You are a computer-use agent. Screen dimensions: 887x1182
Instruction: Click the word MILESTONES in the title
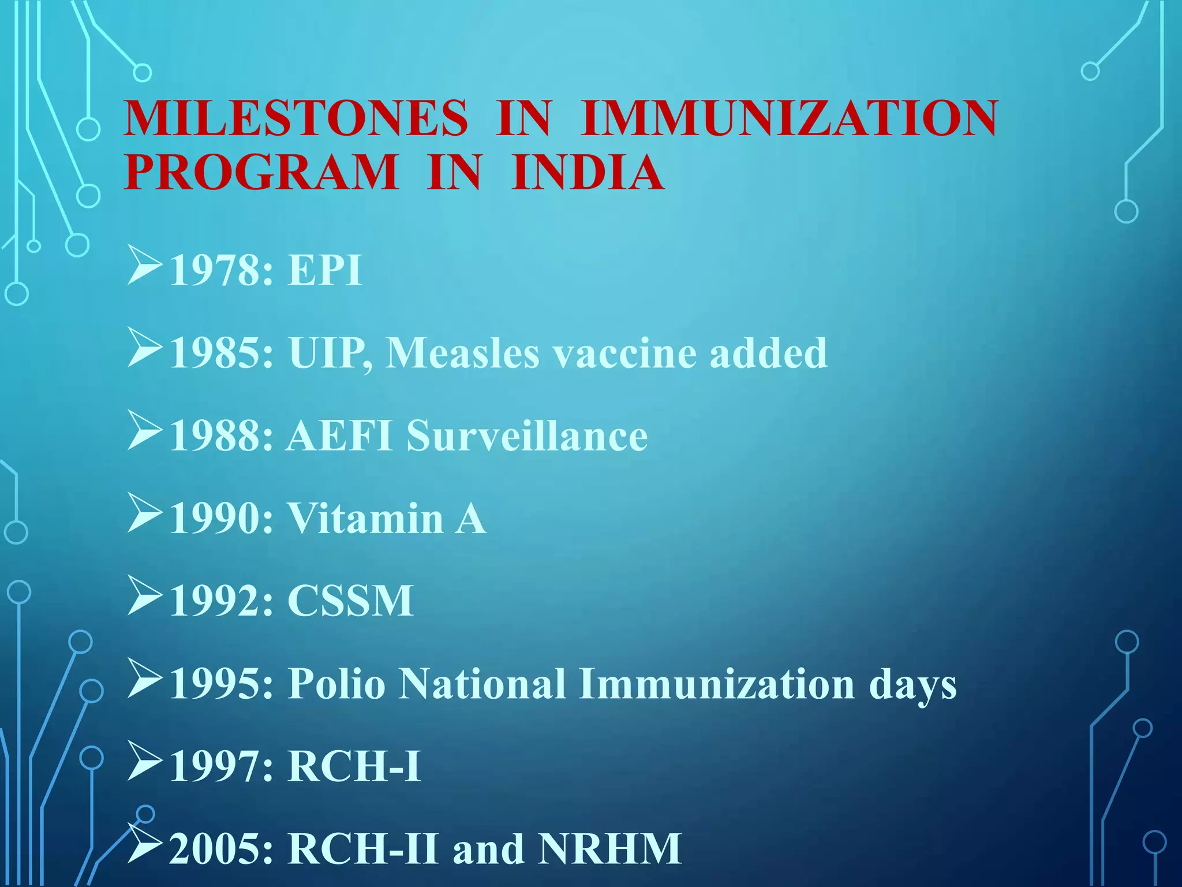pyautogui.click(x=295, y=118)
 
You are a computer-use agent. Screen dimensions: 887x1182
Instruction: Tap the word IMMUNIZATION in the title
pyautogui.click(x=789, y=118)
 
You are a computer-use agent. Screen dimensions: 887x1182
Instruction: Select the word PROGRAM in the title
pyautogui.click(x=261, y=172)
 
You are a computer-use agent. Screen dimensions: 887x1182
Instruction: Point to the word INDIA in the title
pyautogui.click(x=588, y=172)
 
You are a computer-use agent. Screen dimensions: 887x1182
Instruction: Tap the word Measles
pyautogui.click(x=462, y=352)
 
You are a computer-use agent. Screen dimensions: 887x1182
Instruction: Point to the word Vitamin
pyautogui.click(x=366, y=518)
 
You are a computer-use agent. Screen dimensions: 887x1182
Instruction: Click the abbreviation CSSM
pyautogui.click(x=350, y=601)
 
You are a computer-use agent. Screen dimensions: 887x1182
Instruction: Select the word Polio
pyautogui.click(x=336, y=684)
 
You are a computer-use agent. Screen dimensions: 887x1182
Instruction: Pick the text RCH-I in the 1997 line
pyautogui.click(x=354, y=766)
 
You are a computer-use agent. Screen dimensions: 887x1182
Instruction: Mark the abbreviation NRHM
pyautogui.click(x=609, y=848)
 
